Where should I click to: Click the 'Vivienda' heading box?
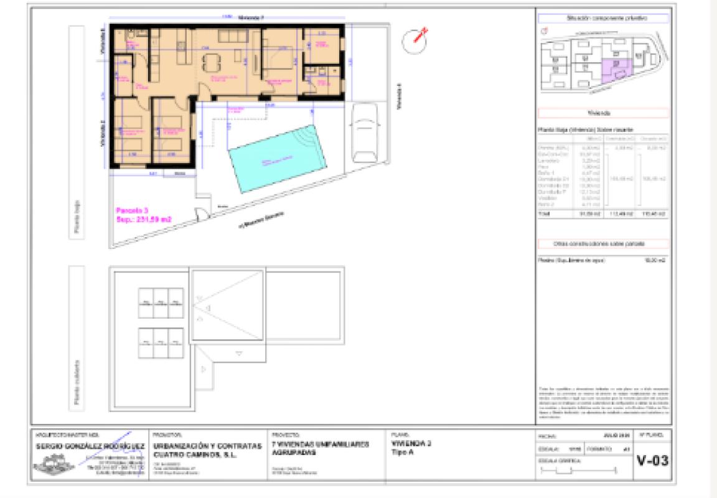[602, 114]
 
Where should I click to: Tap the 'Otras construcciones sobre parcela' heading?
[602, 243]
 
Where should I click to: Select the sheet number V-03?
[652, 461]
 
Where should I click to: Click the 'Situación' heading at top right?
[602, 19]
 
